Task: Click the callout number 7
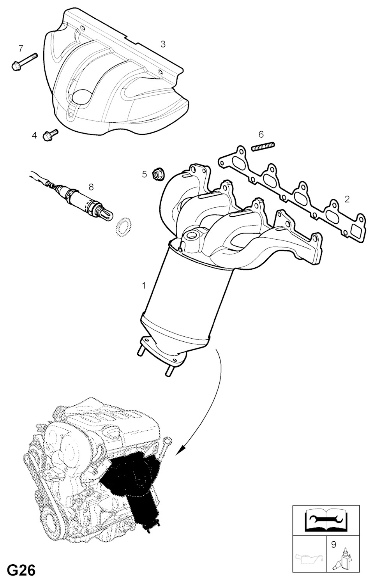21,48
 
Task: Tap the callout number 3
163,44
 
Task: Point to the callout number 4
34,135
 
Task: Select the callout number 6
261,134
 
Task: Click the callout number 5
145,174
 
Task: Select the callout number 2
346,200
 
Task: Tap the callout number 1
144,286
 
